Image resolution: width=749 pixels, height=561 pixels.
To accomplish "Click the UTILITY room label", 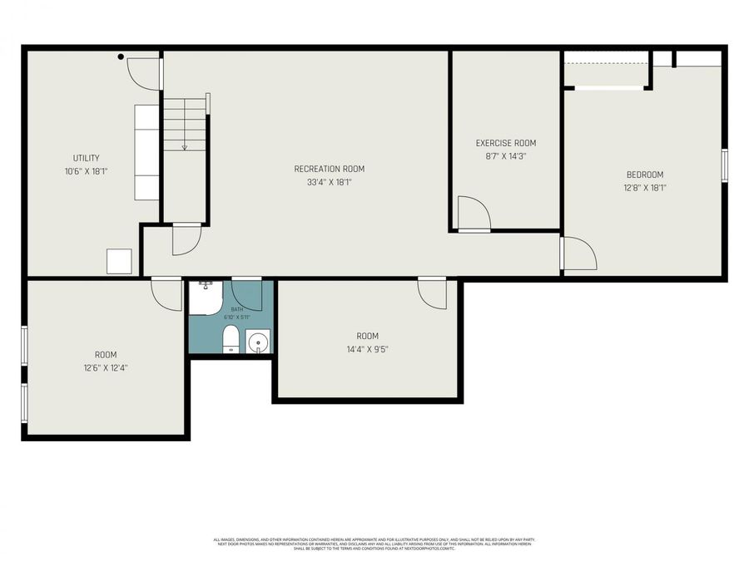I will (x=86, y=158).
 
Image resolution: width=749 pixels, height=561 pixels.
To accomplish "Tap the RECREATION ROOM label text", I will (x=330, y=169).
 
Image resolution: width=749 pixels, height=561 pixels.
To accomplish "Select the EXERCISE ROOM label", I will (x=506, y=143).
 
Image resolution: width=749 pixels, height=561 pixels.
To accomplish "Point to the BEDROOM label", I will (x=645, y=175).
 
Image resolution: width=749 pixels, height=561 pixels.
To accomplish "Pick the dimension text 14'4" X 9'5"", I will (x=367, y=349).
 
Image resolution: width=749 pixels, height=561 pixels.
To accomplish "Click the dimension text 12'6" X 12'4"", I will (x=105, y=367).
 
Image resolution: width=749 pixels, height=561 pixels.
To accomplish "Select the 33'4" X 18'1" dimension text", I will (x=330, y=182).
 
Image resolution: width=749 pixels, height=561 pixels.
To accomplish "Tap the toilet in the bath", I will (x=231, y=339).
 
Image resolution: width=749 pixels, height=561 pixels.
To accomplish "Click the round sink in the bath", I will (x=259, y=341).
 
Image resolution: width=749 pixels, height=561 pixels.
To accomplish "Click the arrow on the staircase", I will (x=184, y=145).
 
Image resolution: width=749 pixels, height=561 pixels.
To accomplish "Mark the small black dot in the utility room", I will (x=121, y=57).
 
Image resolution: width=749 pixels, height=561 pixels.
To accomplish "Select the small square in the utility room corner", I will (x=119, y=262).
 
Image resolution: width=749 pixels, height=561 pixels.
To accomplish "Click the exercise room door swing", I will (x=473, y=213).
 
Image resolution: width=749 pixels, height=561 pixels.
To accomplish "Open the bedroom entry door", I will (x=578, y=253).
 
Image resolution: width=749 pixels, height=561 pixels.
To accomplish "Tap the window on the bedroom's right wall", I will (x=724, y=165).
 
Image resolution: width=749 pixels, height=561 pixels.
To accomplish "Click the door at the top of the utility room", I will (x=143, y=73).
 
